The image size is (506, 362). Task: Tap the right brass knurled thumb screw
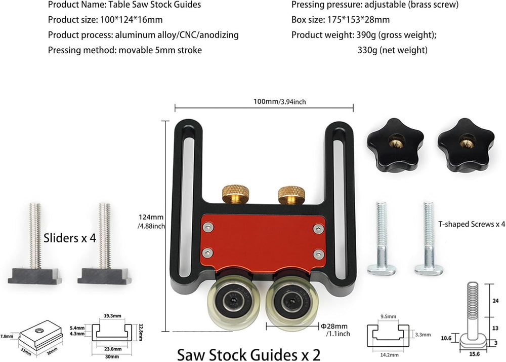tap(291, 195)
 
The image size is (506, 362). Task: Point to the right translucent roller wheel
tap(292, 302)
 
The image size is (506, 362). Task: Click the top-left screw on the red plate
tap(207, 228)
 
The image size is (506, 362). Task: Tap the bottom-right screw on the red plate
tap(319, 254)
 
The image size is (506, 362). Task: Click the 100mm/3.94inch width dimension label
tap(279, 101)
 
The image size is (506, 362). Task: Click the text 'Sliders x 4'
tap(70, 238)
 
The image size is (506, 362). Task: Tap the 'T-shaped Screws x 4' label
tap(472, 224)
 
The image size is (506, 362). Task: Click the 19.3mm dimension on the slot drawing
tap(113, 316)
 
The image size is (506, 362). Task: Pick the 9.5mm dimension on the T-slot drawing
tap(388, 316)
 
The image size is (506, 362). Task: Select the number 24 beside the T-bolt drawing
tap(496, 301)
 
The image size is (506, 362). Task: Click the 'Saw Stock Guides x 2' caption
tap(248, 354)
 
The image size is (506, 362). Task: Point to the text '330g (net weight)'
tap(393, 50)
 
